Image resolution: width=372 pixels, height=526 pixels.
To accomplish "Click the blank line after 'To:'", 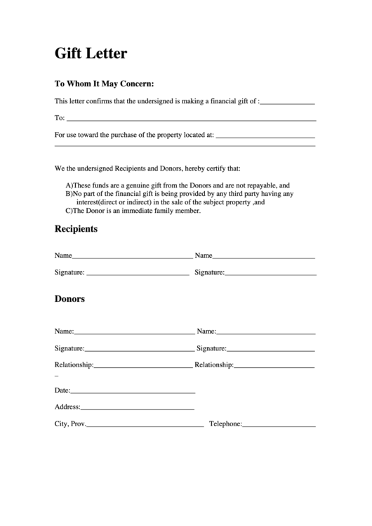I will (x=190, y=119).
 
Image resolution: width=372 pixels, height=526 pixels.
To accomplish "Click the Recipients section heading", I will (x=76, y=229).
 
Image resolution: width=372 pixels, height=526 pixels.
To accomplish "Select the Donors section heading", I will (x=69, y=298).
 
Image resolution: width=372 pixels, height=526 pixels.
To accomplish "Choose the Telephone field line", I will (x=279, y=426).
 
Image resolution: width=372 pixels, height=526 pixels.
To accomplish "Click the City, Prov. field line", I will (x=145, y=426).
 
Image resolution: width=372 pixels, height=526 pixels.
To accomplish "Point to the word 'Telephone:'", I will (x=225, y=424).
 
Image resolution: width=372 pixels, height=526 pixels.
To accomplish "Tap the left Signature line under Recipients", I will (x=137, y=275).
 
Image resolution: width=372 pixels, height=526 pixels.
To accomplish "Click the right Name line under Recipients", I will (x=264, y=258).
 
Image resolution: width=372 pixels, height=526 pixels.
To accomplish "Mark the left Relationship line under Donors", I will (x=142, y=367).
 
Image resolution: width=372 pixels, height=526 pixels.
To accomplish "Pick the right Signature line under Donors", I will (x=271, y=350).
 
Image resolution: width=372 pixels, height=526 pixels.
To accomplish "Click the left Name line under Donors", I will (x=134, y=334).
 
